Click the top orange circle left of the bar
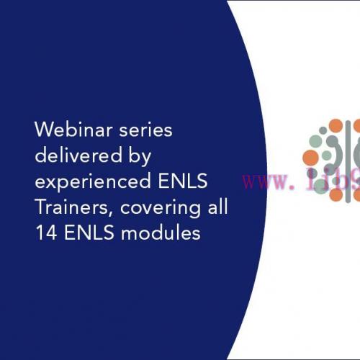click(336, 126)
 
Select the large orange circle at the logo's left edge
click(311, 157)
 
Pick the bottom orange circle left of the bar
click(336, 194)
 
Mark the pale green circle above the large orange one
click(315, 140)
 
